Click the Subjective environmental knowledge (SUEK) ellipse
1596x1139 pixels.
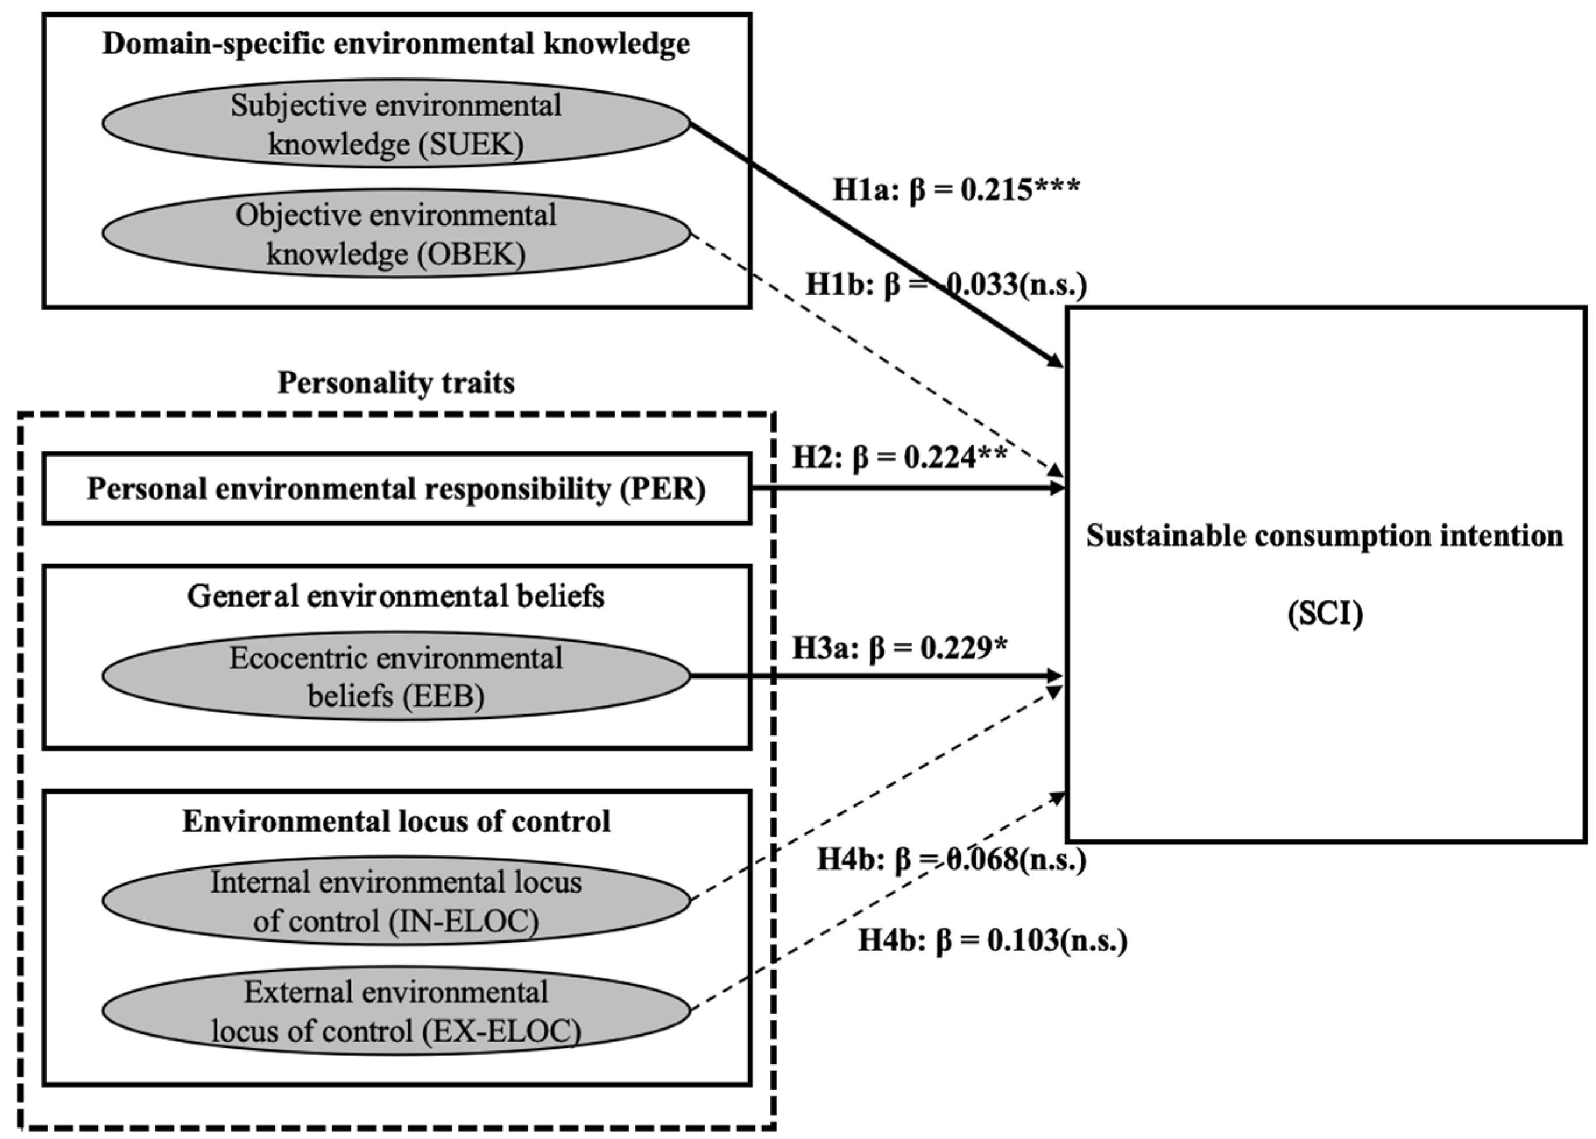coord(396,124)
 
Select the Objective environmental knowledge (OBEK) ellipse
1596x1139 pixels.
coord(396,234)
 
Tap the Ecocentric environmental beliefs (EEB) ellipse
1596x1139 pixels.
coord(396,676)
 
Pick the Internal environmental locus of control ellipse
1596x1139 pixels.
coord(396,900)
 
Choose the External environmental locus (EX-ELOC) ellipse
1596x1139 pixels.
coord(396,1011)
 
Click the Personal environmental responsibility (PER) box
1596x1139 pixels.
coord(396,489)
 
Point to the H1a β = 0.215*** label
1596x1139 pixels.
coord(956,189)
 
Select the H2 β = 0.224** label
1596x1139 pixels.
coord(900,457)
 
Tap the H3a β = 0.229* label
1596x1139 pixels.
coord(900,648)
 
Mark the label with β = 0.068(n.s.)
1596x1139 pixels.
coord(951,859)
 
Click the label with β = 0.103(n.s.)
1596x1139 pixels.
coord(992,940)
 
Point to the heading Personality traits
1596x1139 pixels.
coord(396,383)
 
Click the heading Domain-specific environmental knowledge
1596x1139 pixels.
coord(396,44)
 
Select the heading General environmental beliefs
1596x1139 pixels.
coord(396,596)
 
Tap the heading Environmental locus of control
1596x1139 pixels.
coord(396,820)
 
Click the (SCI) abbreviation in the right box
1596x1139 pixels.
coord(1325,614)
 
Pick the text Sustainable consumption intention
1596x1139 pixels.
coord(1325,536)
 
